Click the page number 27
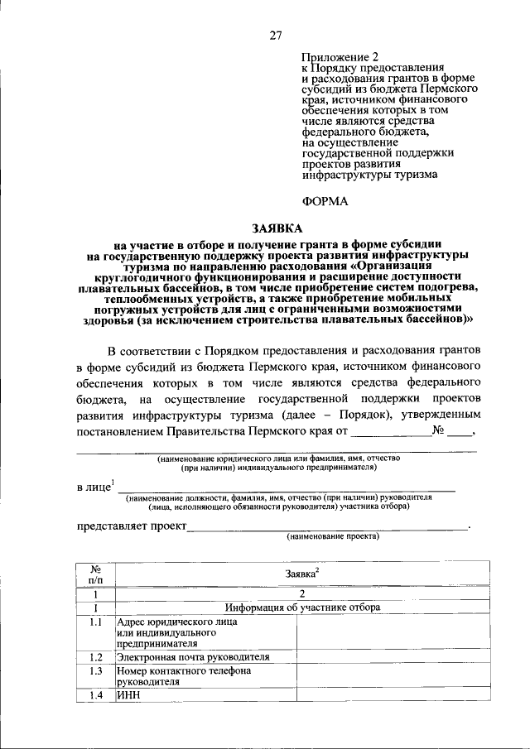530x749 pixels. (x=276, y=35)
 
